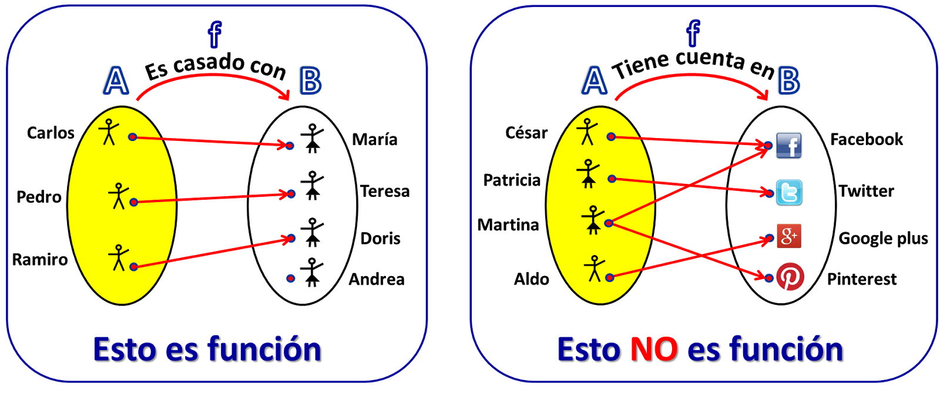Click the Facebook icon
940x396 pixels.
788,146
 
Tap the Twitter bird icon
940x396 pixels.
789,192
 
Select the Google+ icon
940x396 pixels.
788,236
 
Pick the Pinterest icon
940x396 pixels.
790,277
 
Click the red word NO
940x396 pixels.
653,350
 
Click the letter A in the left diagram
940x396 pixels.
116,81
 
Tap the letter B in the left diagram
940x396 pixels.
310,81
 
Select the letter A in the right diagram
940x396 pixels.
595,81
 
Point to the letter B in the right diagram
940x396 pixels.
789,81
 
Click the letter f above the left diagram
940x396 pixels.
215,35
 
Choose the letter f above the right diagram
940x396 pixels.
694,33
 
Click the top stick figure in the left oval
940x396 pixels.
109,132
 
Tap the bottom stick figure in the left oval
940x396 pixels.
118,258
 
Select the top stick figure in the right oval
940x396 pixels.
587,132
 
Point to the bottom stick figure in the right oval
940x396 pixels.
595,269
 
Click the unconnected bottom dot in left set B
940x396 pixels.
291,278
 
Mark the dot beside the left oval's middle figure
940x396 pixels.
134,202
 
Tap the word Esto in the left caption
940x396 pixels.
125,350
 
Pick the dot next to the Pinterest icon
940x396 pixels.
769,278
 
